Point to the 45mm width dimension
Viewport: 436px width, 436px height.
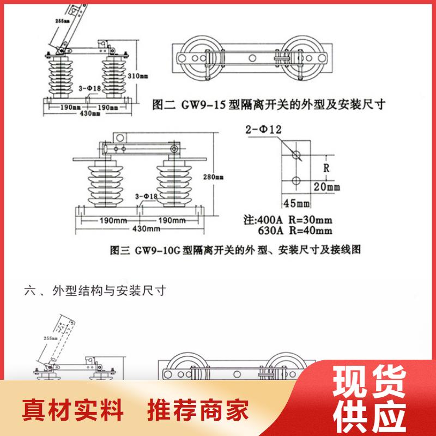[x=296, y=203]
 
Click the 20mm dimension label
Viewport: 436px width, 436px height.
[x=326, y=187]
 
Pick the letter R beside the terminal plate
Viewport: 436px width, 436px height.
[x=326, y=168]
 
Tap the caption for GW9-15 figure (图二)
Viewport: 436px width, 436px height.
[x=267, y=105]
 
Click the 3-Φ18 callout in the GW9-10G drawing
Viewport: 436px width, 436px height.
[x=146, y=196]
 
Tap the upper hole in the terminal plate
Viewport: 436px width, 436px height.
[x=296, y=155]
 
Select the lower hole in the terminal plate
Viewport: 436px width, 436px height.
[x=296, y=180]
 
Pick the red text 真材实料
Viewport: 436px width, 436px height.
[x=73, y=410]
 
